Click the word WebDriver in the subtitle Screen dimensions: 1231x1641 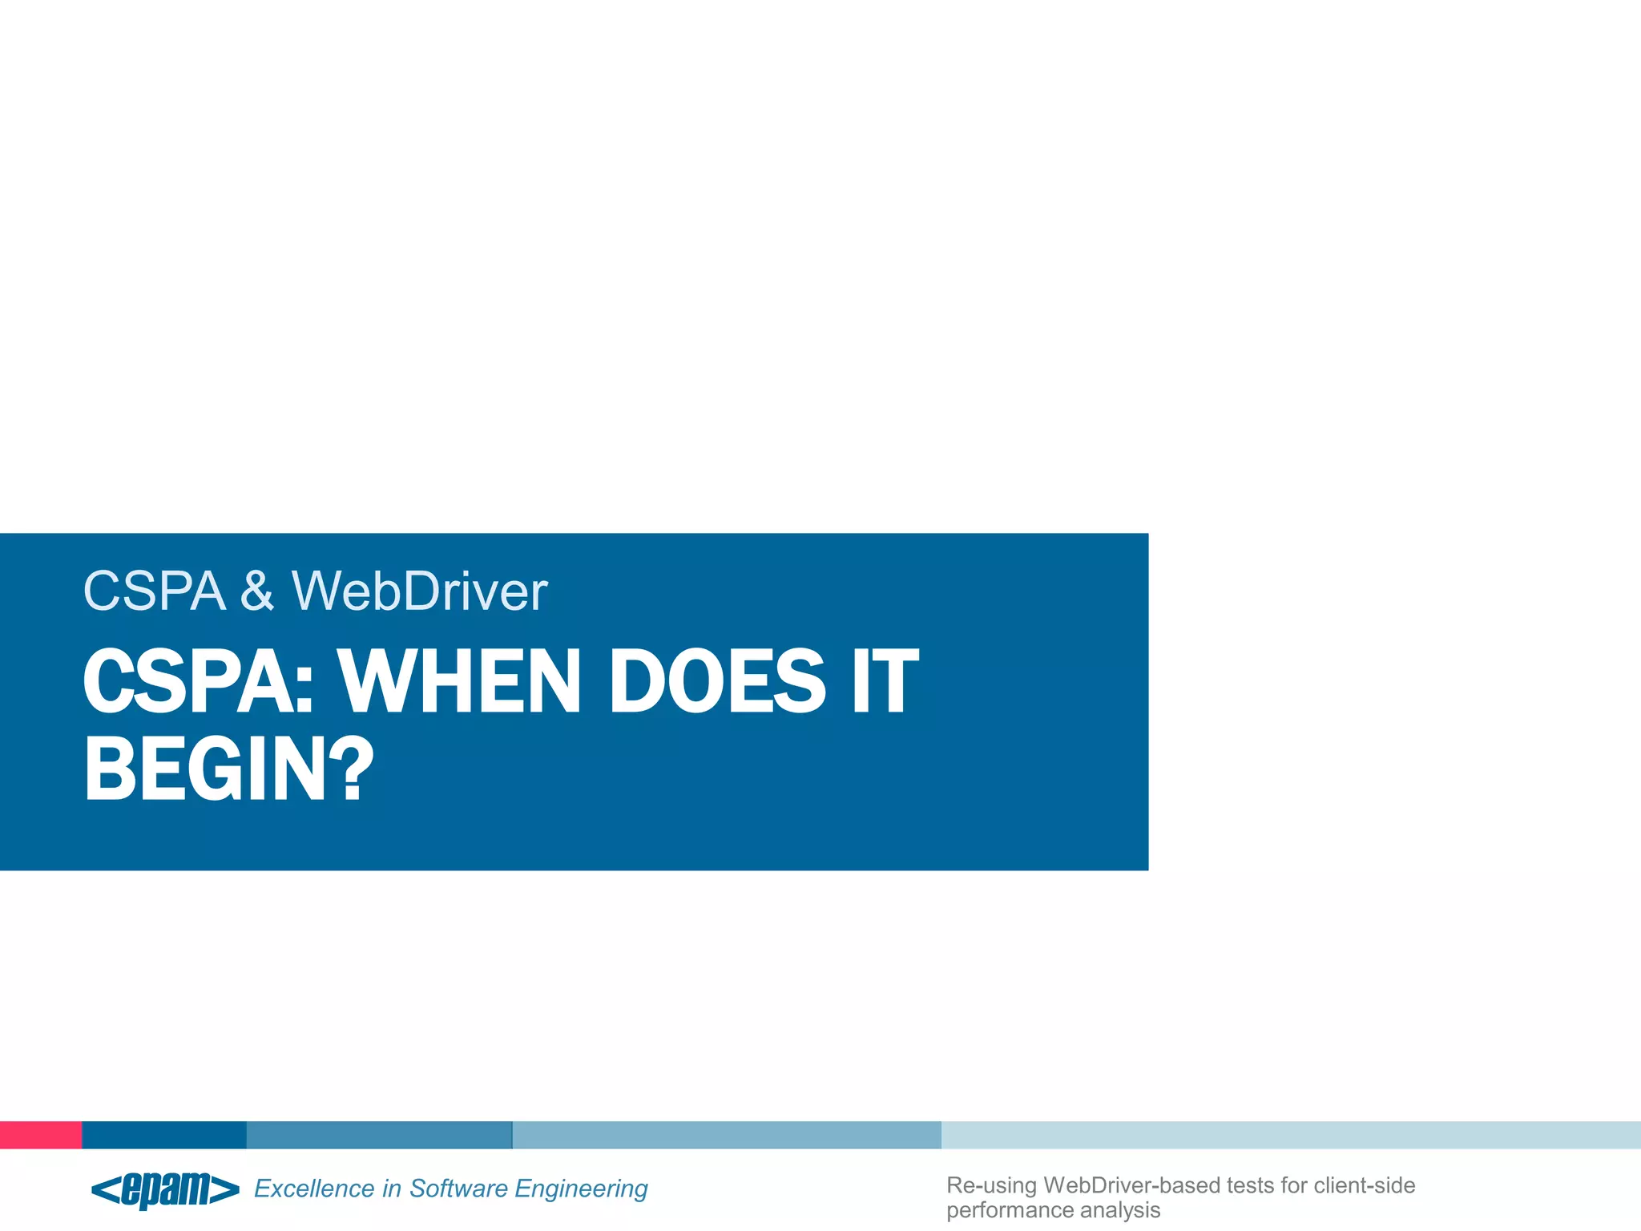pos(419,591)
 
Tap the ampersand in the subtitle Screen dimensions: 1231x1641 pos(257,591)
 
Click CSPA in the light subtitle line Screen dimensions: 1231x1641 pos(154,591)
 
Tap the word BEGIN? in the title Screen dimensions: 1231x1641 pos(229,769)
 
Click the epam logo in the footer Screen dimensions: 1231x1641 pos(166,1189)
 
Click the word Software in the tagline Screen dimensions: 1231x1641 pos(458,1189)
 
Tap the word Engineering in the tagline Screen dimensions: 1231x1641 pos(581,1189)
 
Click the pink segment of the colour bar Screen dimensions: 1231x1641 pos(41,1135)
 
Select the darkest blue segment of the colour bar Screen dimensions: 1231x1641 pos(164,1135)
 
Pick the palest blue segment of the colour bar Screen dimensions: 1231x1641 pos(1290,1135)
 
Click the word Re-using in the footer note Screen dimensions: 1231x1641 pos(991,1185)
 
